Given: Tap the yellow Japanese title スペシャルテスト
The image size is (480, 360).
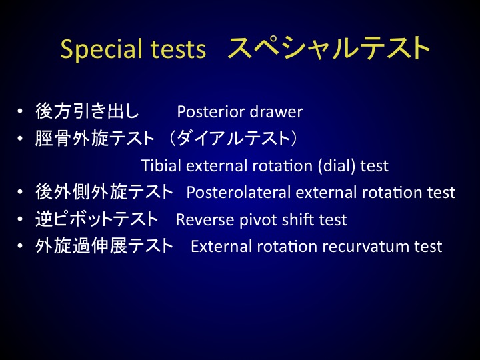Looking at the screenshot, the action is pos(329,48).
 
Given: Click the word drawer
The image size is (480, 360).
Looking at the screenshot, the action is pos(276,112).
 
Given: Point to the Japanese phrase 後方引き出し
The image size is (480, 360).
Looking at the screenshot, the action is pos(87,111).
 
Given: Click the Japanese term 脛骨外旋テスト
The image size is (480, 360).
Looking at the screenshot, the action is pos(95,138).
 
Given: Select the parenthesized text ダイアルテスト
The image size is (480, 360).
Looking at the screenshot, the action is pos(233,138).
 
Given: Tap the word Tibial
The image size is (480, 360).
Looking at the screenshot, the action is pos(161,165).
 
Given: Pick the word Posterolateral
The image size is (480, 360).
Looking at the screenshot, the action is pos(239,193).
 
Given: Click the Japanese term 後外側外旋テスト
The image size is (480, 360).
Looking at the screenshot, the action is pos(104,192).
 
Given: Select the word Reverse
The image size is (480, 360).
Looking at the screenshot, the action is pos(205,219).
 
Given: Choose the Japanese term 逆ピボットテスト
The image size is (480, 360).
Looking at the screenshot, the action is pos(97,219).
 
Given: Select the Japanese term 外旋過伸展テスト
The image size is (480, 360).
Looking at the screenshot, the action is pos(104,246).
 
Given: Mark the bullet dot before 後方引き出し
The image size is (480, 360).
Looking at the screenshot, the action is pos(20,111).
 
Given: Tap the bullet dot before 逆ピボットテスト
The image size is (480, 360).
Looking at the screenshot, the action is pos(20,219).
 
